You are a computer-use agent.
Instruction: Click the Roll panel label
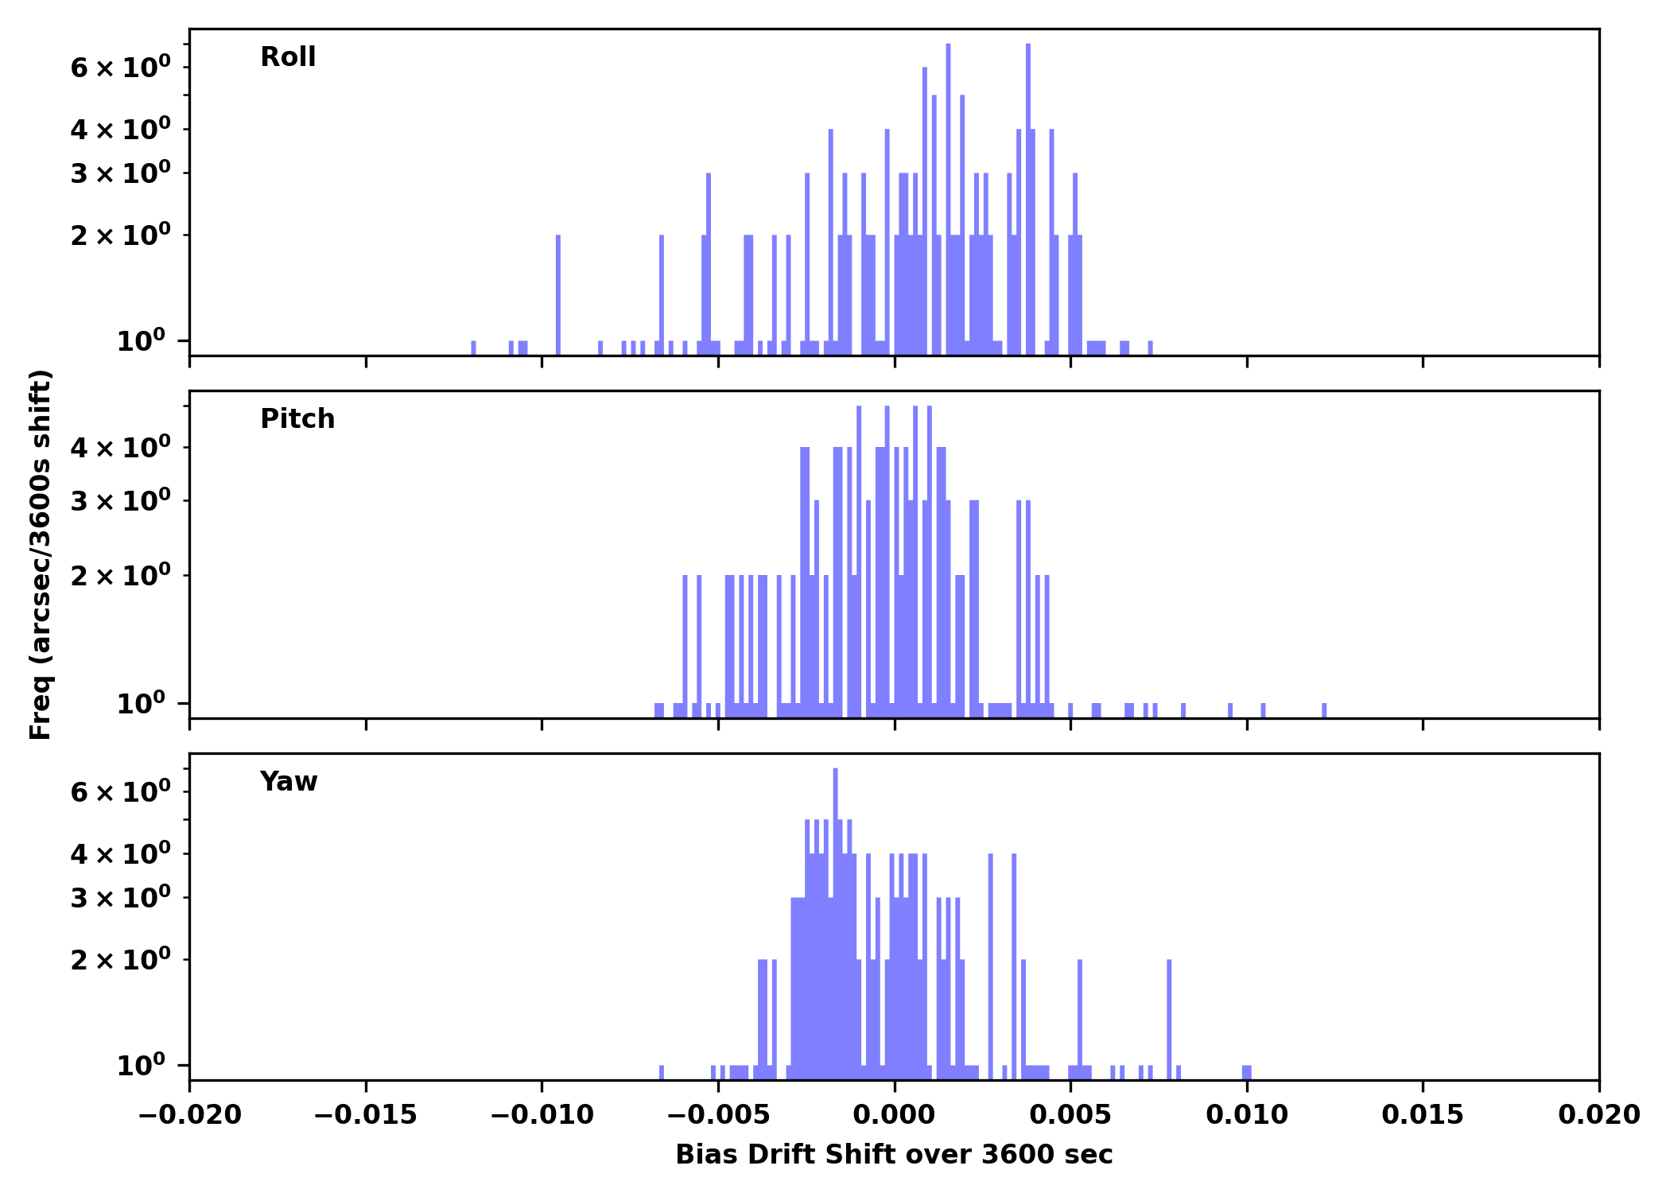click(288, 57)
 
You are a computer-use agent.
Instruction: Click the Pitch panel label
click(297, 419)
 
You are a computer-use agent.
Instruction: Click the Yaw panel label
click(289, 782)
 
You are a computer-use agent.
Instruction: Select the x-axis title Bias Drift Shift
click(894, 1155)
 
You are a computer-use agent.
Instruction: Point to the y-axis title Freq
click(40, 554)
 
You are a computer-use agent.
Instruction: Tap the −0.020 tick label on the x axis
click(189, 1115)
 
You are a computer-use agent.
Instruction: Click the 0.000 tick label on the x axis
click(894, 1115)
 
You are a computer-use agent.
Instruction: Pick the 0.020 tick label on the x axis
click(1598, 1115)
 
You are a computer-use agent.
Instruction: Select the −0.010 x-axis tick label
click(542, 1115)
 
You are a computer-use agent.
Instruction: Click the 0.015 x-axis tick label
click(1423, 1115)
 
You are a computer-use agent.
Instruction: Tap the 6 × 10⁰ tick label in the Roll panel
click(120, 68)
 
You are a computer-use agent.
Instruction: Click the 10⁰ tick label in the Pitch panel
click(141, 704)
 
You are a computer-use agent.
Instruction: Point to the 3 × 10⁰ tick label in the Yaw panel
click(120, 899)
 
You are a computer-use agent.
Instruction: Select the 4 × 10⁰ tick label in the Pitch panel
click(120, 448)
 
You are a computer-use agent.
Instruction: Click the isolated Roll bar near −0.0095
click(558, 294)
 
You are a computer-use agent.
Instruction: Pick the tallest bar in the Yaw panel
click(835, 915)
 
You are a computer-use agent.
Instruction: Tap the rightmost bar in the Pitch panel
click(1324, 710)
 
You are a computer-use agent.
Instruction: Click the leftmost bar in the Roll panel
click(473, 348)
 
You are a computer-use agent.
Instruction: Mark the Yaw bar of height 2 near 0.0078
click(1169, 1018)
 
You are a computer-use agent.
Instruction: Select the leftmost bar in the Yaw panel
click(662, 1072)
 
